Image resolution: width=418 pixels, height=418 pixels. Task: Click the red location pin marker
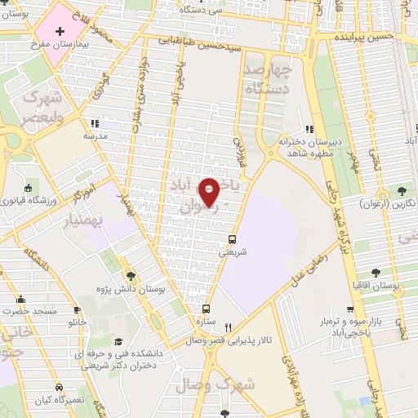(x=210, y=192)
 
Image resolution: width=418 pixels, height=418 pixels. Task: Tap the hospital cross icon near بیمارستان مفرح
(x=60, y=30)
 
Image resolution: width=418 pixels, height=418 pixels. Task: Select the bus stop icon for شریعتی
(x=233, y=239)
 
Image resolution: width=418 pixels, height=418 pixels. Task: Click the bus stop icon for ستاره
(x=205, y=309)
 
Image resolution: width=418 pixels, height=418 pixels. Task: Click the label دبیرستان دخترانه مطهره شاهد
(x=308, y=141)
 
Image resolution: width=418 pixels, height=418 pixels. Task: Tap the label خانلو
(x=77, y=322)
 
